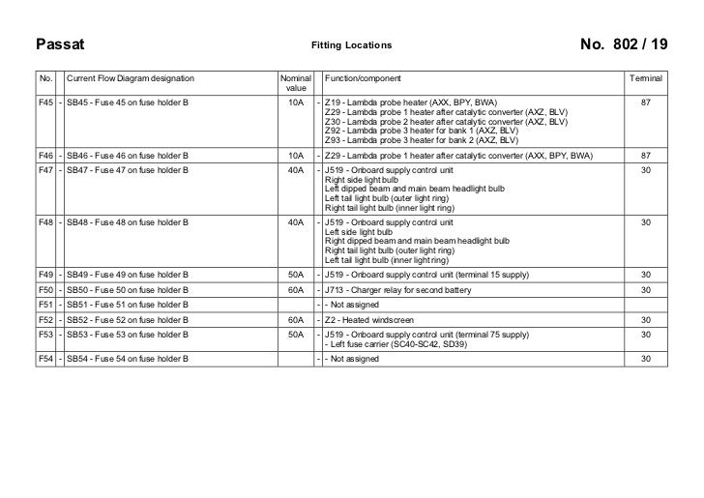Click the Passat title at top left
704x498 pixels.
61,45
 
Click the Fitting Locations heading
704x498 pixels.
351,45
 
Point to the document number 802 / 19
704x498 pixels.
624,45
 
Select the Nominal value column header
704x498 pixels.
296,83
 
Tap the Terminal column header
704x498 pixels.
645,77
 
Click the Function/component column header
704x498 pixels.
363,77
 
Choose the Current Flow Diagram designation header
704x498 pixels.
130,77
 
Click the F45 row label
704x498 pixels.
44,101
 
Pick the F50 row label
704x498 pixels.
44,290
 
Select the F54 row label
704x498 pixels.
44,360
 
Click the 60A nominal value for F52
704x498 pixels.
296,319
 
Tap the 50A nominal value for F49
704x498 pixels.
296,275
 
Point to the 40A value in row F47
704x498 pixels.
296,169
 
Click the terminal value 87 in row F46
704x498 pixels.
645,155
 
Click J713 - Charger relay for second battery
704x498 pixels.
397,290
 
